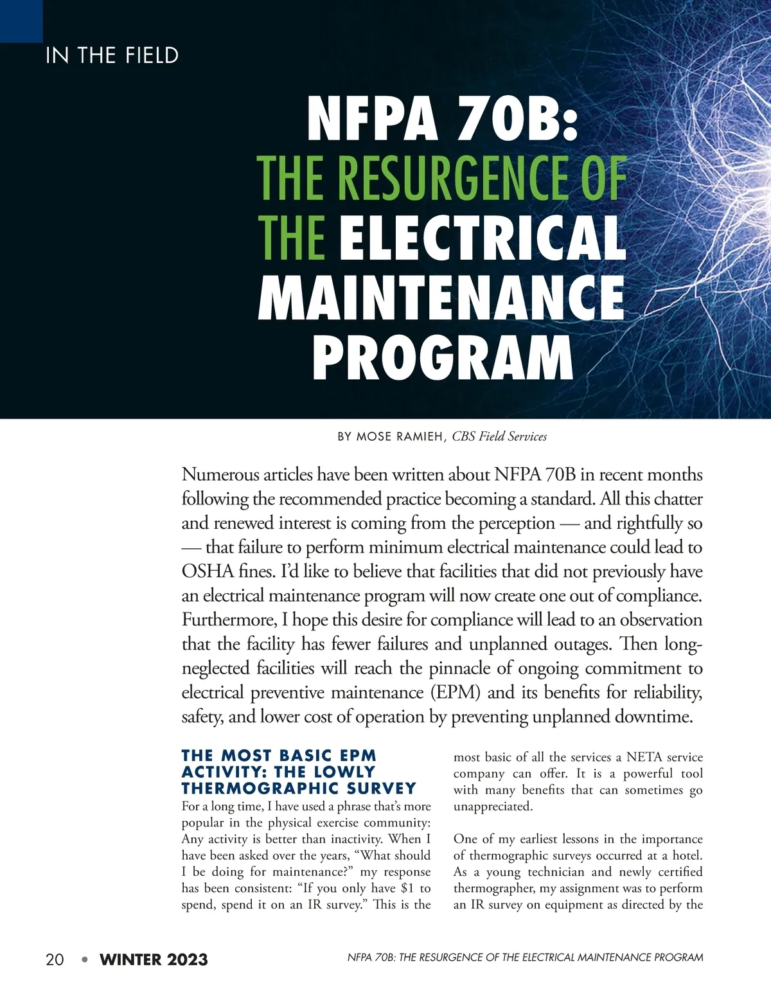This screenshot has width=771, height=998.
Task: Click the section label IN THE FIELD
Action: [x=112, y=56]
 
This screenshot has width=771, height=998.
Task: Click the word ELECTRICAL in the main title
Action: [x=482, y=237]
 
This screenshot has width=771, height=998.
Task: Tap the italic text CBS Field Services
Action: [x=499, y=437]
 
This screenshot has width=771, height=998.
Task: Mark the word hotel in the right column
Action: [x=687, y=855]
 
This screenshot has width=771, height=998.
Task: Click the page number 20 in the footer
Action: [x=55, y=960]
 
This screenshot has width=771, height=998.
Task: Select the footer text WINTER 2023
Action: [x=154, y=960]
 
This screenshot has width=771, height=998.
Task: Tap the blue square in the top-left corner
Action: [x=21, y=21]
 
